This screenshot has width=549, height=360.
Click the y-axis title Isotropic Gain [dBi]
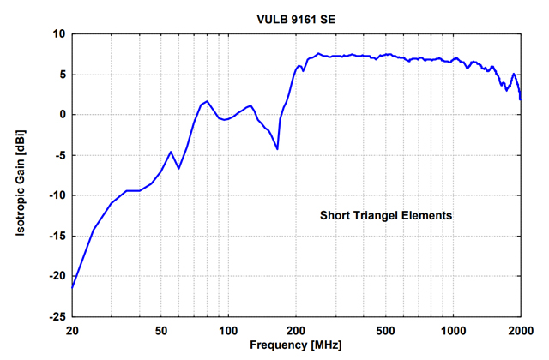pos(18,175)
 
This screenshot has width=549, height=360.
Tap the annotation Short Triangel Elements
pos(386,216)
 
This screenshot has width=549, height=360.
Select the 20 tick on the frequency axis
pos(73,330)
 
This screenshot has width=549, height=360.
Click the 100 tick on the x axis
pos(228,330)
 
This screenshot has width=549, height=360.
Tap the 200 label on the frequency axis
pos(296,330)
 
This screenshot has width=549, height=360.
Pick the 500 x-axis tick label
pos(385,330)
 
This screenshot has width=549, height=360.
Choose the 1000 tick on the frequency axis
pos(453,330)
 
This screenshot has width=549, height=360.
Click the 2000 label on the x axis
pos(520,330)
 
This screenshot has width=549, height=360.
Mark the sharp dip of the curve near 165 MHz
pos(277,149)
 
